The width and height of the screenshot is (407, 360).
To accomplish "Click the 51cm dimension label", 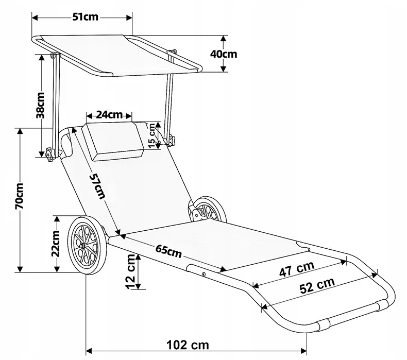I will pyautogui.click(x=85, y=17).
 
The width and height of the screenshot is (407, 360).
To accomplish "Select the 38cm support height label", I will pyautogui.click(x=41, y=105).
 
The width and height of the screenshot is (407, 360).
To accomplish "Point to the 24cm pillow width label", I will pyautogui.click(x=109, y=114).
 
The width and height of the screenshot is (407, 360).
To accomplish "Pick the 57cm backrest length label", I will pyautogui.click(x=96, y=186).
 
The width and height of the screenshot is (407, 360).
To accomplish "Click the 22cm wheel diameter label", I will pyautogui.click(x=57, y=243).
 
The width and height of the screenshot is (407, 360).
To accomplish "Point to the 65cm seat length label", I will pyautogui.click(x=169, y=252).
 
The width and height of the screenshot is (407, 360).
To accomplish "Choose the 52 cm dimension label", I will pyautogui.click(x=316, y=286).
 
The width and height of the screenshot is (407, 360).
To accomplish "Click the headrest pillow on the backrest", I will pyautogui.click(x=114, y=140).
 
